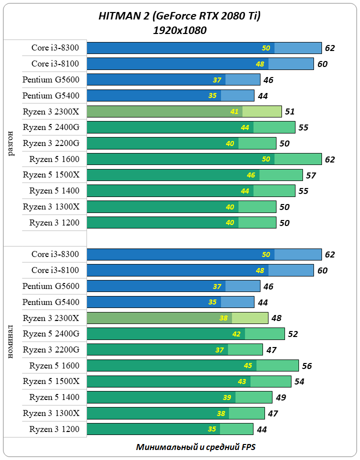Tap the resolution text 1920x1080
tap(180, 30)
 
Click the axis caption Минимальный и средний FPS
tap(195, 447)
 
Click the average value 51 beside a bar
tap(289, 111)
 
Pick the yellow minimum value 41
tap(234, 111)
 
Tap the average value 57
tap(310, 175)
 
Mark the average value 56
tap(306, 366)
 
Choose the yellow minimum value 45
tap(248, 366)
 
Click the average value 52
tap(292, 334)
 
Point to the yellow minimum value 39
tap(227, 397)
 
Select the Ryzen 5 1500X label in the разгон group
tap(51, 175)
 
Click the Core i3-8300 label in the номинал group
tap(55, 254)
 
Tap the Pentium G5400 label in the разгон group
tap(51, 95)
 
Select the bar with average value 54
tap(189, 381)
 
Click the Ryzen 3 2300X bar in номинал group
tap(177, 318)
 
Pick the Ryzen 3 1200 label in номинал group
tap(54, 429)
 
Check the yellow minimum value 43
tap(242, 381)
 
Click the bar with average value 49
tap(179, 397)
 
